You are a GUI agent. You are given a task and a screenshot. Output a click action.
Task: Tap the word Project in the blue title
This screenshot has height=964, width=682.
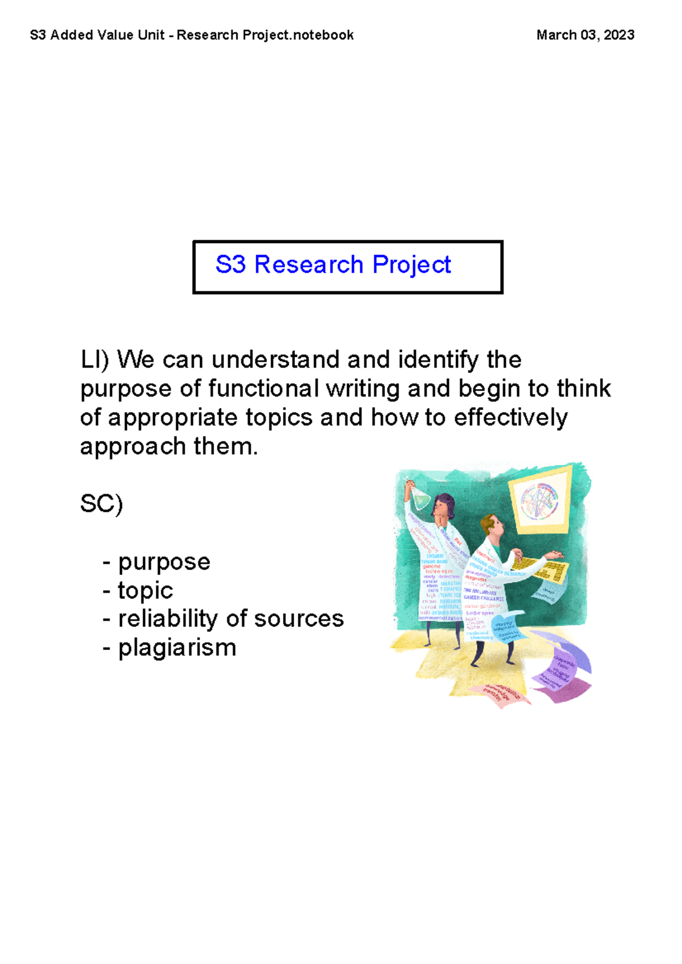point(411,265)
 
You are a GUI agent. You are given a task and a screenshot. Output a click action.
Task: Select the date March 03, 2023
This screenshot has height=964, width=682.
point(585,35)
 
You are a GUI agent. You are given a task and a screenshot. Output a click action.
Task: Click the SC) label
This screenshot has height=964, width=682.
point(101,504)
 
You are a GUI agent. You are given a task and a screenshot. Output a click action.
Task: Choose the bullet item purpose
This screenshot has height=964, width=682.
point(164,562)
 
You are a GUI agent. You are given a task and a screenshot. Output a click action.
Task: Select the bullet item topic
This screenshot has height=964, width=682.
point(145,590)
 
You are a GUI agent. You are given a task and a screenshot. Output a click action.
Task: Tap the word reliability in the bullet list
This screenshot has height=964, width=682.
point(182,619)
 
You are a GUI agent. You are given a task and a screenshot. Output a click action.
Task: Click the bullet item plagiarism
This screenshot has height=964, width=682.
point(177,648)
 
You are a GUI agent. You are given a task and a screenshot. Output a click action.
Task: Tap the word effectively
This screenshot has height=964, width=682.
point(510,418)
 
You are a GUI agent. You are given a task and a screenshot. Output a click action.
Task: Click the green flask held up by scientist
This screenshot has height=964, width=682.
point(421,498)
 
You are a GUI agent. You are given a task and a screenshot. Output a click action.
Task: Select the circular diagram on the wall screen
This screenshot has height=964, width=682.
point(539,501)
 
